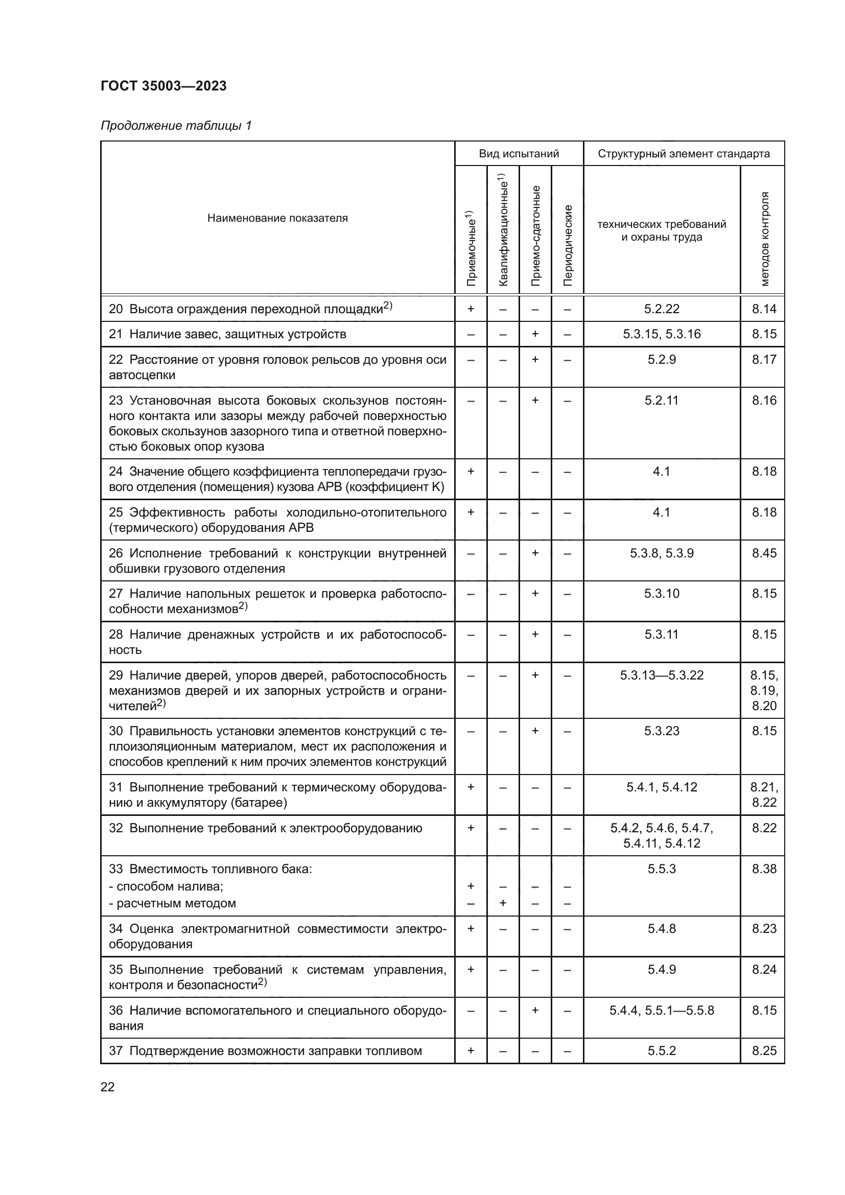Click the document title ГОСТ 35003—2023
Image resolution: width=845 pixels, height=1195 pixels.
point(163,86)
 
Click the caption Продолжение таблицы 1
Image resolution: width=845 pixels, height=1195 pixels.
point(176,126)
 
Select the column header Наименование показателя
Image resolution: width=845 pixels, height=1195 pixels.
point(277,218)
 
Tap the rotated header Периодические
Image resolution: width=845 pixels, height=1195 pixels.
point(568,245)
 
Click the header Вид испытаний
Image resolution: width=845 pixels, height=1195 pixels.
point(519,154)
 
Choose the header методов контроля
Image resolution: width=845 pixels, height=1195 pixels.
point(764,239)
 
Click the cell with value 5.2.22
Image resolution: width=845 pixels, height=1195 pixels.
point(661,309)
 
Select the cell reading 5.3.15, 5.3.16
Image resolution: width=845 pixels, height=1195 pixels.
point(661,334)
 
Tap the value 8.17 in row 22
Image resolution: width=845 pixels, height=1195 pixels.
point(763,359)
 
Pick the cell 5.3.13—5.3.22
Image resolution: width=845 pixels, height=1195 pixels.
point(661,675)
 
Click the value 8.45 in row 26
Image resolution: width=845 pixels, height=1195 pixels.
point(763,553)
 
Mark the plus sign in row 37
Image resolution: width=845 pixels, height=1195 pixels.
point(471,1050)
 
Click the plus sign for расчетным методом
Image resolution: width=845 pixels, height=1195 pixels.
point(503,903)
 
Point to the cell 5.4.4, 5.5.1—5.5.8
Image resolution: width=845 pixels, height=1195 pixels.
point(661,1010)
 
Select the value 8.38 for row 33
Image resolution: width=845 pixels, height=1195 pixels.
point(763,869)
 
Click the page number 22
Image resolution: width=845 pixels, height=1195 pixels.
point(108,1087)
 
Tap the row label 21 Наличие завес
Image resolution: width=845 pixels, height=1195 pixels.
point(227,334)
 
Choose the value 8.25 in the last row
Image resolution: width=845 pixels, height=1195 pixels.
point(763,1050)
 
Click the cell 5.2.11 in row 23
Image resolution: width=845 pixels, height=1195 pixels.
point(661,400)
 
